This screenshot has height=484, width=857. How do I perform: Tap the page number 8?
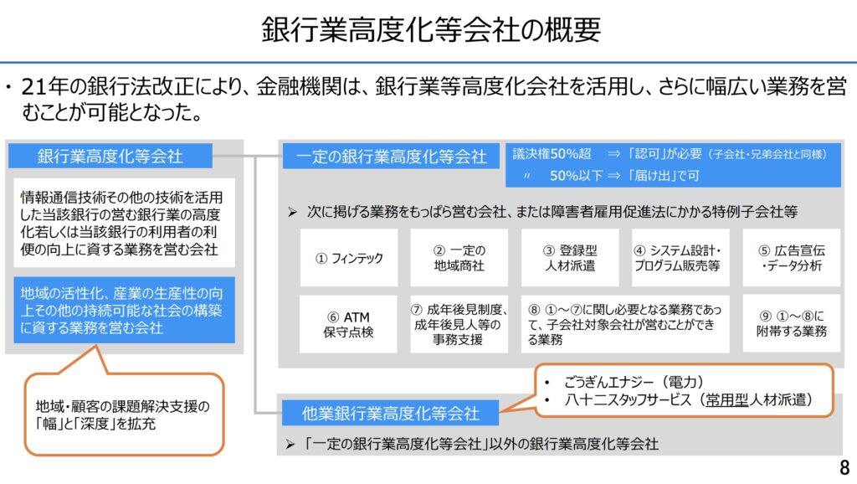[x=843, y=467]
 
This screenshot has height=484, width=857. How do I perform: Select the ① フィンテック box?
[x=349, y=258]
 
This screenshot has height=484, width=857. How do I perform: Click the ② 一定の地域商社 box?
[x=459, y=258]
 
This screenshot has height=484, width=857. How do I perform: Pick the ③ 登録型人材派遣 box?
[x=569, y=258]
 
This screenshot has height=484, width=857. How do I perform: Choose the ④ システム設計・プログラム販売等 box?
[x=680, y=258]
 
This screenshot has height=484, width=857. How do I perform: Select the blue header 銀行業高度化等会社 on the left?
[x=110, y=156]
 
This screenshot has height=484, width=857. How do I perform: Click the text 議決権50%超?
[x=552, y=154]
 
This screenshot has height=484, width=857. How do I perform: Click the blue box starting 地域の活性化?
[x=124, y=310]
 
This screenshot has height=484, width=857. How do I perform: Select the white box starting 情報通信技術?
[x=124, y=223]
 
